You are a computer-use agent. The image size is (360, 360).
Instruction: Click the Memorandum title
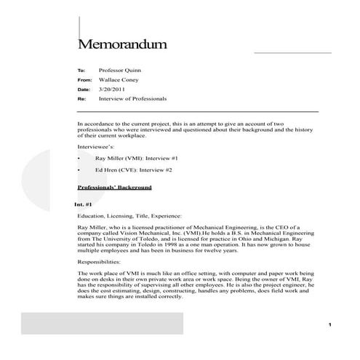[122, 44]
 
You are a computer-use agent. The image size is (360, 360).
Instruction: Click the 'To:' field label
[81, 71]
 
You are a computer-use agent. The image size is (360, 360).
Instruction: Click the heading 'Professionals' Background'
[114, 188]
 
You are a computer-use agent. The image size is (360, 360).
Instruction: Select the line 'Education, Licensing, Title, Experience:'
[128, 216]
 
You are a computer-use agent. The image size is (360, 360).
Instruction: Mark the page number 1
[329, 324]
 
